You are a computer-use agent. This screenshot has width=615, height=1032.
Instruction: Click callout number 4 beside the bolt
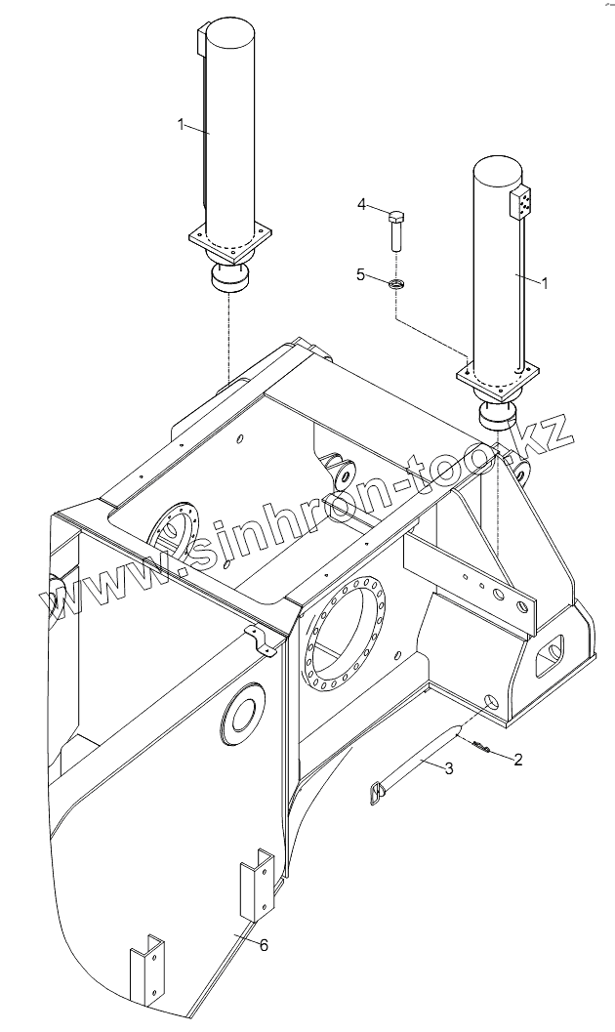point(361,204)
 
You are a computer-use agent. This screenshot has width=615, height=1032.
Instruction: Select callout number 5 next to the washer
point(361,275)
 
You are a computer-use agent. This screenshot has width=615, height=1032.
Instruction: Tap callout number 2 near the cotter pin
point(518,759)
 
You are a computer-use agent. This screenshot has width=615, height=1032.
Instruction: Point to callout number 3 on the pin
point(448,768)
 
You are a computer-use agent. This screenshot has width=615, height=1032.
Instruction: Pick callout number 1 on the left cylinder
point(181,124)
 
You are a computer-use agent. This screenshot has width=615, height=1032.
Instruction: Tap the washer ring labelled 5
point(396,284)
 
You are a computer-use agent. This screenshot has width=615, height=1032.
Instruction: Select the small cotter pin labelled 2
point(480,749)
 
